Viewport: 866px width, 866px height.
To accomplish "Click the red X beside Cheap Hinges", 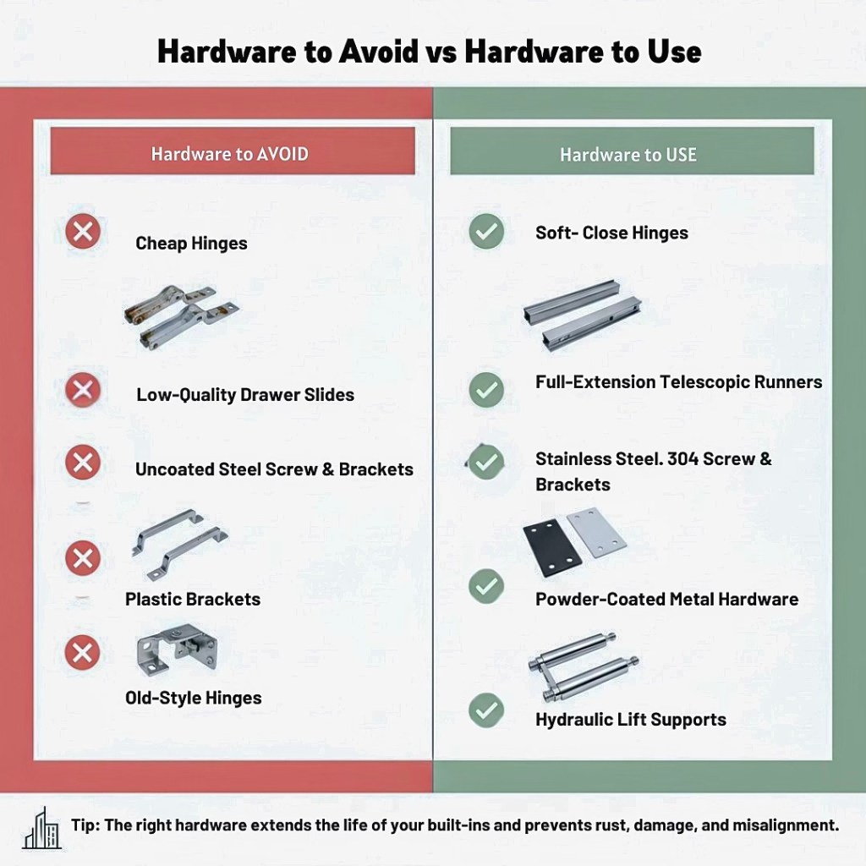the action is pos(83,231).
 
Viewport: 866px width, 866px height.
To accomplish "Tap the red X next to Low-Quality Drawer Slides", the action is pos(83,390).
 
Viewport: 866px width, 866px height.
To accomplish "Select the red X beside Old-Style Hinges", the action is pos(82,653).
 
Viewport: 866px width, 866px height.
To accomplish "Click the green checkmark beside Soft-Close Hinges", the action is pos(486,232).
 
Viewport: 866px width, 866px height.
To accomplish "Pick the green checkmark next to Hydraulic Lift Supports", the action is pos(486,710).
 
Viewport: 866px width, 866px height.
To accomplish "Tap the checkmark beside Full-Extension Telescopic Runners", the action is pos(486,390).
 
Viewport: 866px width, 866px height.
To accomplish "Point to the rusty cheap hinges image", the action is pos(181,316).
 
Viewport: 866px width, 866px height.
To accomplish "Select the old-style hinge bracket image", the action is pos(177,649).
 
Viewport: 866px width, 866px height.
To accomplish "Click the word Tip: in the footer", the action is pos(85,825).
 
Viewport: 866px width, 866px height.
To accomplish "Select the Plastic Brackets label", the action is pos(193,600).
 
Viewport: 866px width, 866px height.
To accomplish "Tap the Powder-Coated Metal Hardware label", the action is pos(666,600).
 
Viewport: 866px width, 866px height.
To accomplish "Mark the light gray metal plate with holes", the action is pos(597,532).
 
